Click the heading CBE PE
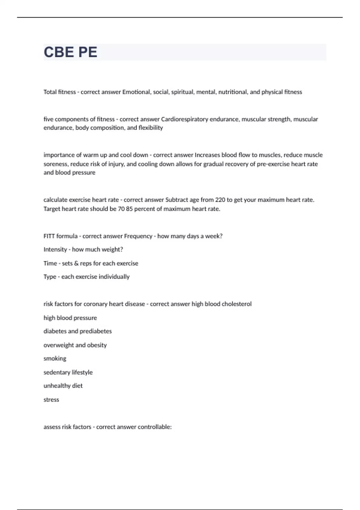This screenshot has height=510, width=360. [70, 52]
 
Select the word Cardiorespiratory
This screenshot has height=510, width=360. [184, 119]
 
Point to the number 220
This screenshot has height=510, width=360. [220, 200]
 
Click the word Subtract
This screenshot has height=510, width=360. [177, 200]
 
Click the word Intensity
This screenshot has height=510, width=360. [55, 250]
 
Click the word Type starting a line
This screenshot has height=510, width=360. [50, 277]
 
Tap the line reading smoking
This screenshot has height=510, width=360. [55, 358]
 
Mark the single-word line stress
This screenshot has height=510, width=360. [51, 400]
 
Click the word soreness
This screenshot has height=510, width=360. [56, 164]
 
